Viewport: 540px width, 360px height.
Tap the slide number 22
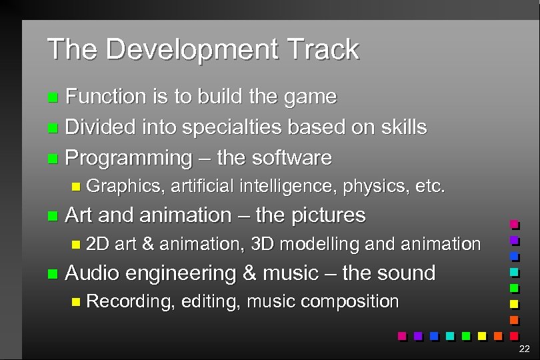(523, 349)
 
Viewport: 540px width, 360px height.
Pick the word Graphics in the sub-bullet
(125, 186)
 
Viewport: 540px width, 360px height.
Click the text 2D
(98, 244)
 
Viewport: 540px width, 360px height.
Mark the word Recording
(129, 301)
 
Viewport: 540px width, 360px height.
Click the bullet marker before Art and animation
(53, 216)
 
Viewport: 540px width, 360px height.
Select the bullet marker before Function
(53, 98)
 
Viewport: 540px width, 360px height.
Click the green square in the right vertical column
(514, 288)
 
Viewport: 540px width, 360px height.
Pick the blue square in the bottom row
(434, 335)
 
